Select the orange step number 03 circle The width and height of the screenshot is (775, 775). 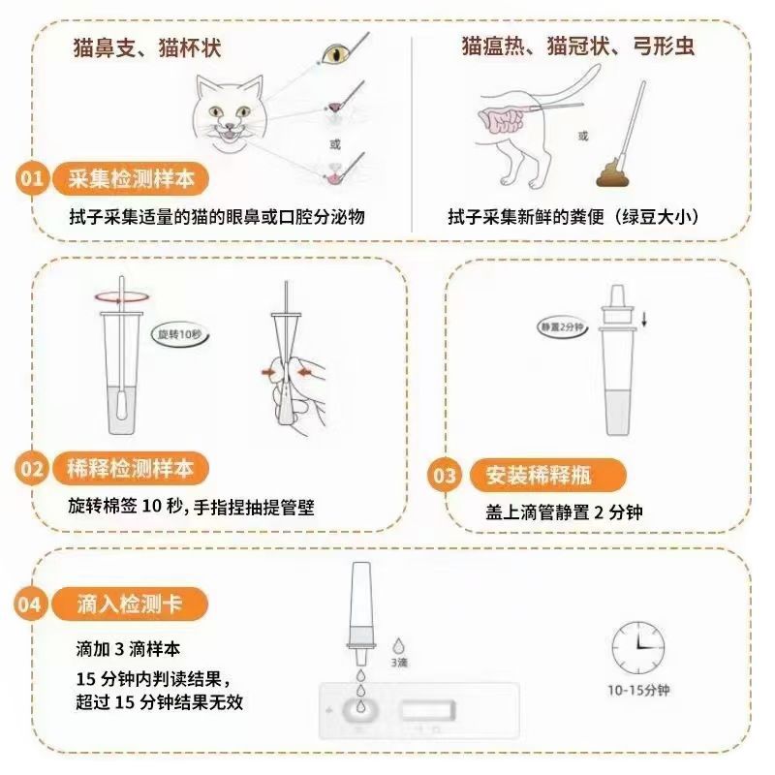444,476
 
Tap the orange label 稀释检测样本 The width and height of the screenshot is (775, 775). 130,470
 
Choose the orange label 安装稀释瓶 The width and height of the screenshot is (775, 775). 542,476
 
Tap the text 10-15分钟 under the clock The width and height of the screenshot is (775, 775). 638,691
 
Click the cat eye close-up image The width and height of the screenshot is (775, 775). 336,53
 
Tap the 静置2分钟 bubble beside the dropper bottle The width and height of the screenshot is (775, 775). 561,326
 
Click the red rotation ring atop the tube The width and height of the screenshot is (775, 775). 118,297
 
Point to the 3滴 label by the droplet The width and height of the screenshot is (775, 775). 399,664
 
